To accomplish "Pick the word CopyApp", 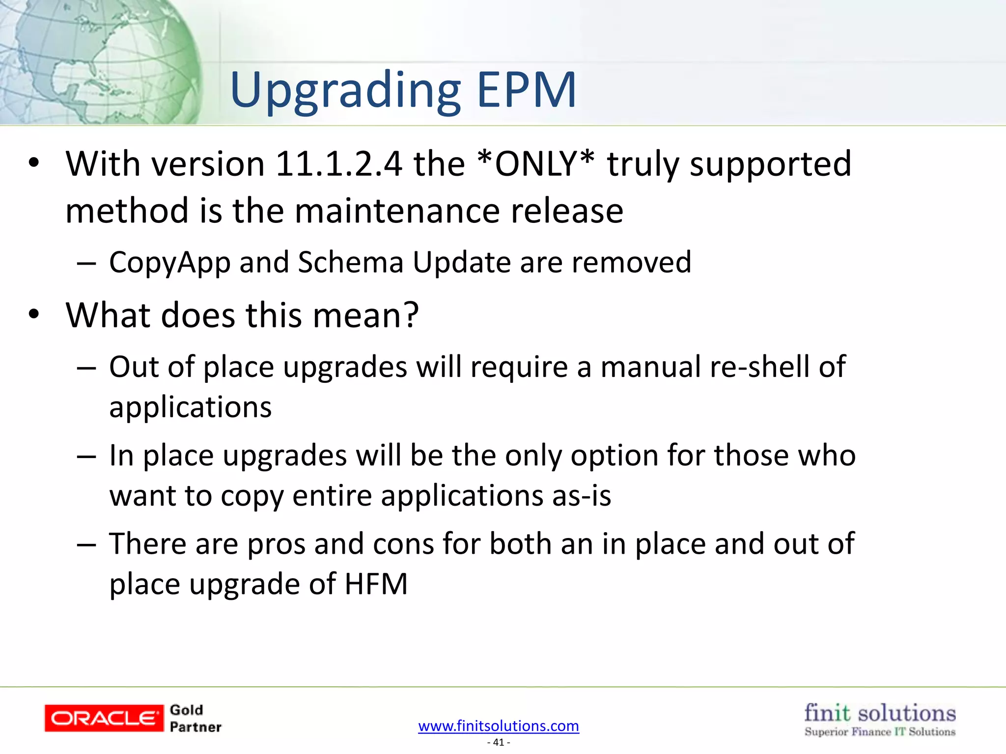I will pos(169,263).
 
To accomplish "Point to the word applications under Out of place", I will pos(190,407).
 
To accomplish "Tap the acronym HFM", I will pos(376,584).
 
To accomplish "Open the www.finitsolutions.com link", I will pos(499,726).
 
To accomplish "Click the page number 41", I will pos(499,742).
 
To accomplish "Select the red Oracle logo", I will pos(104,718).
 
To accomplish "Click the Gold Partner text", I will pos(195,718).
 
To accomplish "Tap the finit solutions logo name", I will pos(880,713).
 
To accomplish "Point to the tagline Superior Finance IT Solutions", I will pos(880,732).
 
